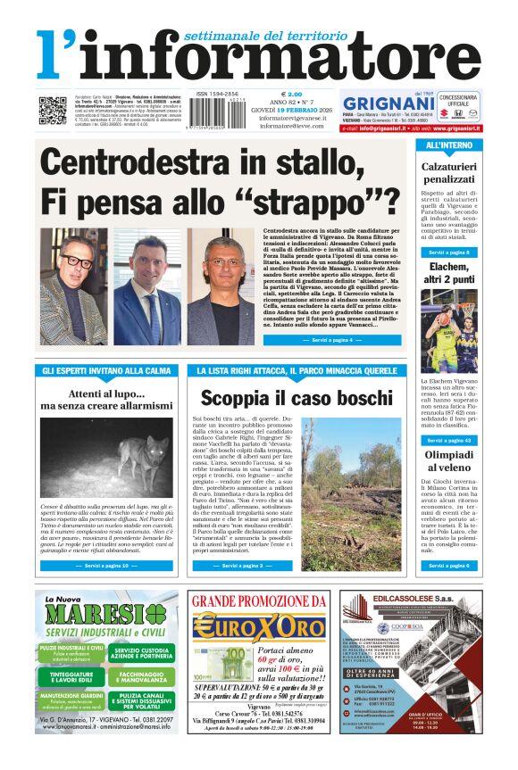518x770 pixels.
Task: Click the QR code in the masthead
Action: (x=53, y=109)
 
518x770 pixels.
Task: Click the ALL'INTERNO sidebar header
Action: (x=449, y=145)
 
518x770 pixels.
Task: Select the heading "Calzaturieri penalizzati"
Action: (x=449, y=173)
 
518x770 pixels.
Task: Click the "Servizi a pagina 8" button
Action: (x=448, y=253)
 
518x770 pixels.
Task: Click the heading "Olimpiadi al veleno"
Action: (x=449, y=461)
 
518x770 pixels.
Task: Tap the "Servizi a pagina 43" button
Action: (x=448, y=440)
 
